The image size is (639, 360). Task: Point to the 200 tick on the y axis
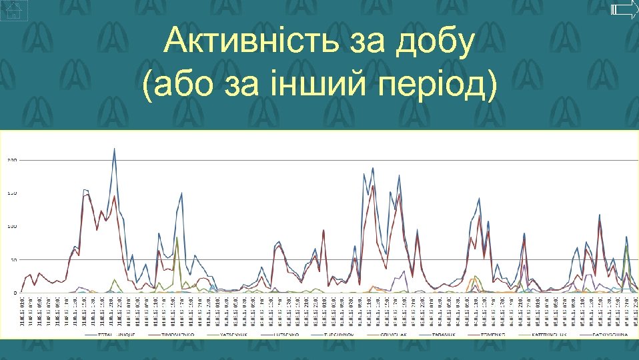[x=12, y=160]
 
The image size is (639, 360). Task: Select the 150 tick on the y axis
[x=12, y=193]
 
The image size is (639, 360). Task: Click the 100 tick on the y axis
[x=12, y=227]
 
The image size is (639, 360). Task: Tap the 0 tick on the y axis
[x=15, y=293]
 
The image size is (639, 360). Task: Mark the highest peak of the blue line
[x=114, y=149]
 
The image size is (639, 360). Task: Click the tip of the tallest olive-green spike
[x=177, y=238]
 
